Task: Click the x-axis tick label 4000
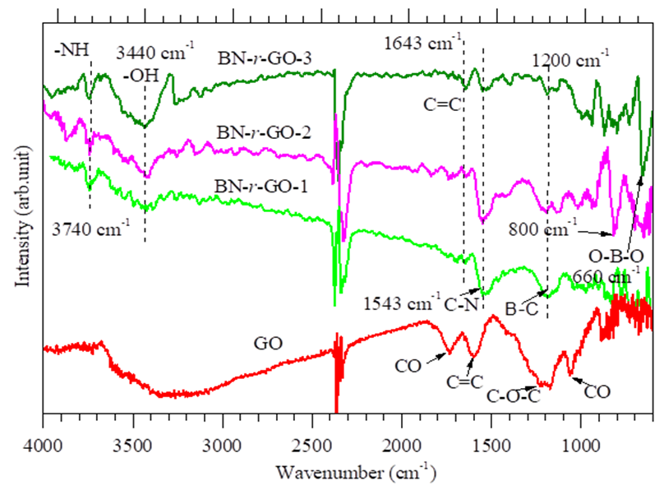pos(43,444)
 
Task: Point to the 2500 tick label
pos(312,444)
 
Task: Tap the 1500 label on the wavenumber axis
pos(491,444)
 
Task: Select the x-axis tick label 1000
pos(582,444)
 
